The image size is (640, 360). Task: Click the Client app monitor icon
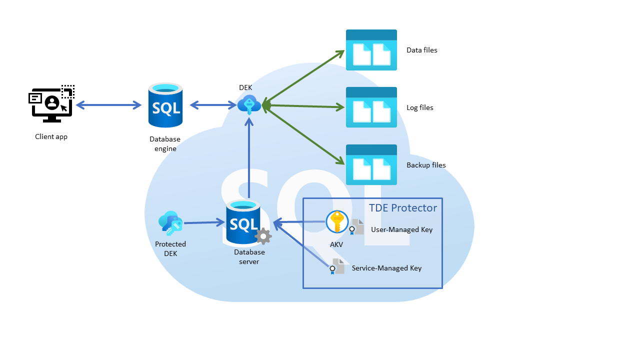pos(51,103)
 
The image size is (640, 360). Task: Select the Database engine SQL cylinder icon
pos(165,105)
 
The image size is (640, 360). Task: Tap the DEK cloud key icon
pos(248,105)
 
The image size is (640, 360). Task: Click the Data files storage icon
pos(371,50)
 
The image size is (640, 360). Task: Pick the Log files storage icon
pos(371,107)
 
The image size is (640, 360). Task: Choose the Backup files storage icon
pos(371,165)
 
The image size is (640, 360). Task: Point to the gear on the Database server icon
pos(263,236)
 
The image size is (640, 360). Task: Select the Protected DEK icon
pos(170,223)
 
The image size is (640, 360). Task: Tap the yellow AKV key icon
pos(337,222)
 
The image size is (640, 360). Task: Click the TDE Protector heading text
pos(403,208)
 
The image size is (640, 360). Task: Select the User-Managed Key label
pos(401,230)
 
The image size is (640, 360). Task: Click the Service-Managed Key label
pos(386,268)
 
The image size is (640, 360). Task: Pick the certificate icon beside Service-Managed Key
pos(337,266)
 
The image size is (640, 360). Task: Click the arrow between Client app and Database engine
pos(108,105)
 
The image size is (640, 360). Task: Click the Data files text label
pos(421,50)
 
